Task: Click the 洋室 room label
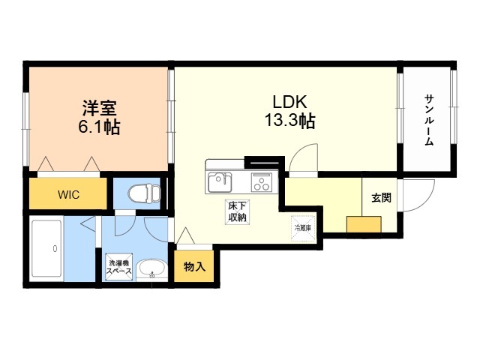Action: pos(99,108)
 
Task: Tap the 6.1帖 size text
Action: pos(99,127)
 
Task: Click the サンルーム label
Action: pos(429,121)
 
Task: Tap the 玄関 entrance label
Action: pos(381,198)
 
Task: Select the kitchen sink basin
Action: pos(220,181)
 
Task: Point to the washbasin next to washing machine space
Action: pos(153,268)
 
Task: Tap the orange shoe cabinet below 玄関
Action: pos(363,225)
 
